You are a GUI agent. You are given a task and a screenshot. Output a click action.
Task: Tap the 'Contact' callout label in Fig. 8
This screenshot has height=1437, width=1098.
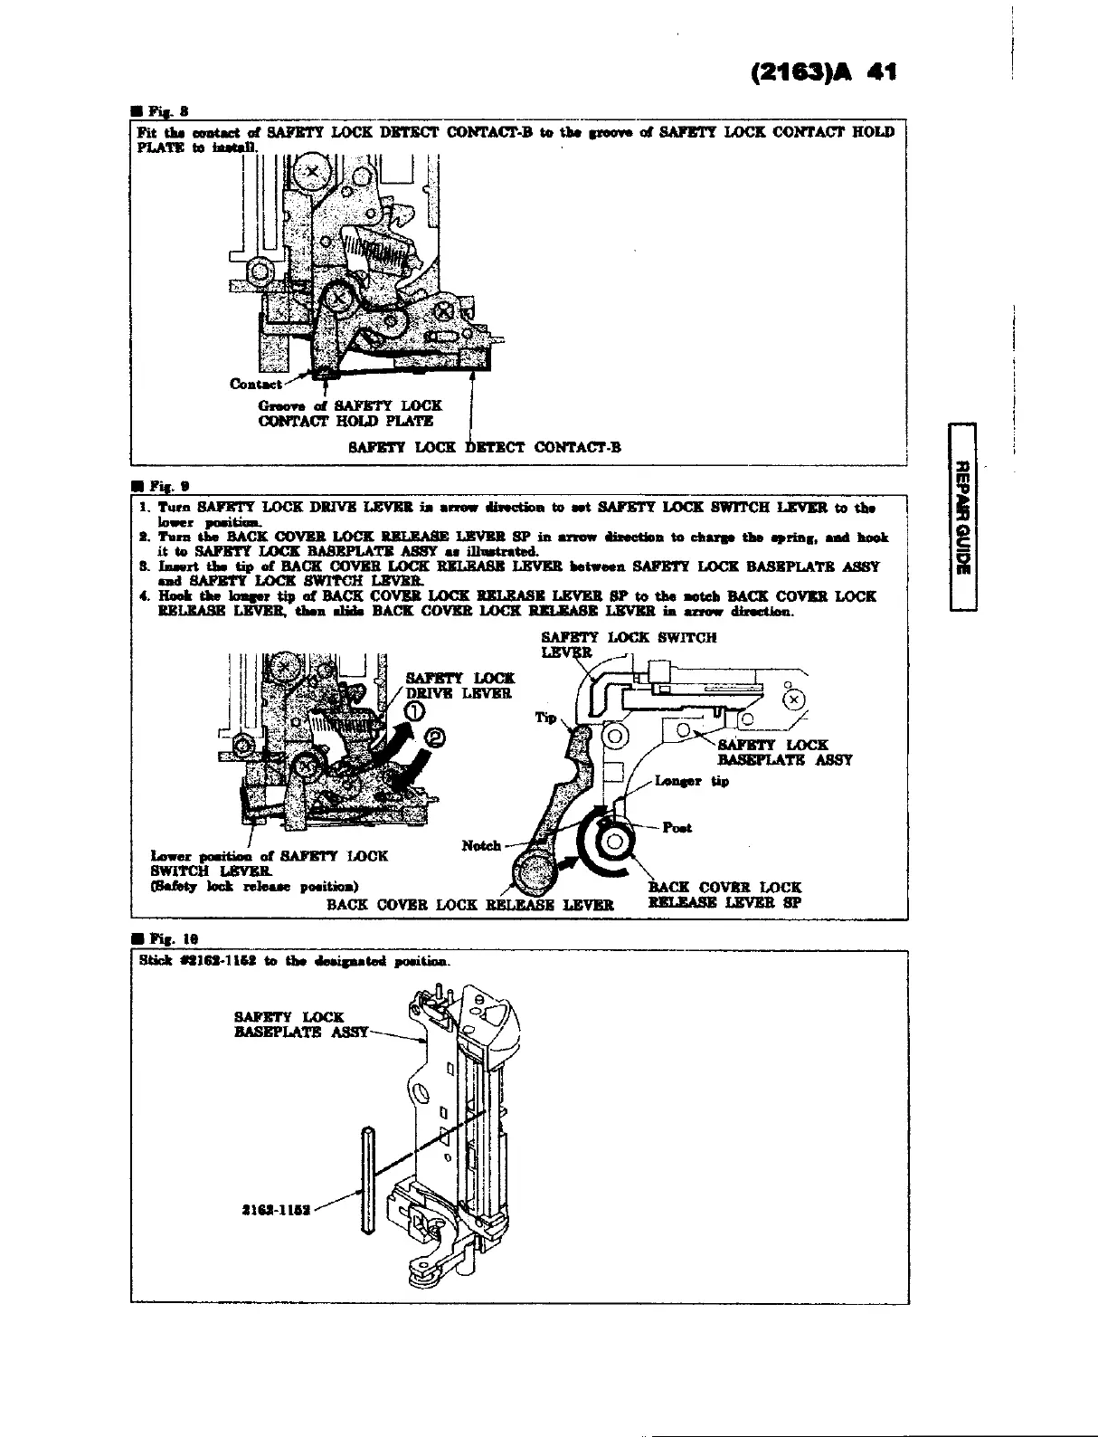(256, 383)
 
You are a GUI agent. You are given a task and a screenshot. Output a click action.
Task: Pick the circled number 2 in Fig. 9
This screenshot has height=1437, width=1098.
(436, 739)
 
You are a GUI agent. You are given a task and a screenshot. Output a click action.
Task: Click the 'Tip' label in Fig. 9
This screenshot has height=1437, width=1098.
(545, 717)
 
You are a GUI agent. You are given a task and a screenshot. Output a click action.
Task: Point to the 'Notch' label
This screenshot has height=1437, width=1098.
(481, 845)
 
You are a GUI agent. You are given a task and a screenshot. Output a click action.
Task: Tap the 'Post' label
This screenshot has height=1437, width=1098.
(677, 827)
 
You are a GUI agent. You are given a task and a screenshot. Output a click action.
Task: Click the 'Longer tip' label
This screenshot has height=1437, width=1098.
(691, 781)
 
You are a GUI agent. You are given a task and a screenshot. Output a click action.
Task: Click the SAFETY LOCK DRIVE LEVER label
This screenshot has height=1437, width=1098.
(459, 685)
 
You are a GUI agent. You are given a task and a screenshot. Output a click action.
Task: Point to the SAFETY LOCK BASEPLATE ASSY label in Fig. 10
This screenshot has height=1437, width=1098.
(300, 1024)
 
